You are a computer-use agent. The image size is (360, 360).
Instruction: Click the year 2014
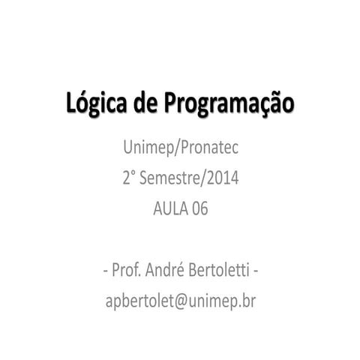223,178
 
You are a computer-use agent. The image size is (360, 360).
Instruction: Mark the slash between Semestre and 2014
202,178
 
